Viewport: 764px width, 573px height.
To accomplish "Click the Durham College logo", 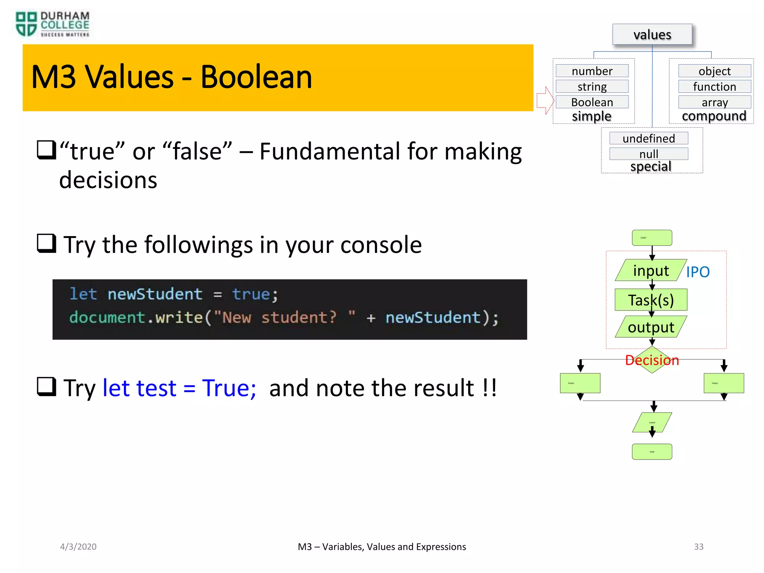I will coord(52,24).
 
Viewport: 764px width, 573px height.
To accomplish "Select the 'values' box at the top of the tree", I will coord(652,35).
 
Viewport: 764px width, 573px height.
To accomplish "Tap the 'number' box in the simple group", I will coord(592,71).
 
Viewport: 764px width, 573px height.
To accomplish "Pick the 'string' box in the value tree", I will coord(592,87).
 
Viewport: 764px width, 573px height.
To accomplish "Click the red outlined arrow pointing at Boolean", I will coord(545,100).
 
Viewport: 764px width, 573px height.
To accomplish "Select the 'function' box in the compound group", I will coord(714,87).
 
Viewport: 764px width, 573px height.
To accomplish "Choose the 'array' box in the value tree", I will coord(714,102).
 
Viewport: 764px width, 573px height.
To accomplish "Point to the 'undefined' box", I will coord(648,138).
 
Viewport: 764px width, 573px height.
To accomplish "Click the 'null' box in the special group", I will coord(648,154).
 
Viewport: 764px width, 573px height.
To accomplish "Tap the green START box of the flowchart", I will coord(652,238).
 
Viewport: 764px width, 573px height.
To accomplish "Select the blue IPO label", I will coord(698,272).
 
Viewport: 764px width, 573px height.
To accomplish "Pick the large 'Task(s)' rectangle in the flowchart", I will coord(651,300).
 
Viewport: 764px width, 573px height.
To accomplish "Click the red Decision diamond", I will coord(652,360).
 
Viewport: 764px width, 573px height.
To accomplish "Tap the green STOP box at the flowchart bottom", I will coord(652,451).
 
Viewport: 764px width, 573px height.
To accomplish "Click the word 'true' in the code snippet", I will coord(251,294).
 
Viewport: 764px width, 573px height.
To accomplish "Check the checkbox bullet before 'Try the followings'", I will coord(46,243).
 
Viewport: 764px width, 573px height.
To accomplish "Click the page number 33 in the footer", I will coord(698,547).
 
